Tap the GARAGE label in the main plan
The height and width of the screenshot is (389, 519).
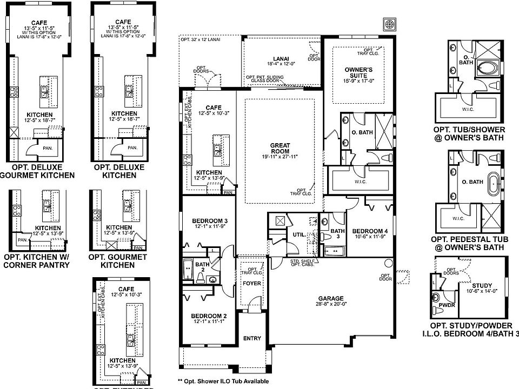coord(330,298)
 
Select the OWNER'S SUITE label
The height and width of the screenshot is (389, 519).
coord(359,70)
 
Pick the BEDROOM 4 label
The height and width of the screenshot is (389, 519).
coord(367,229)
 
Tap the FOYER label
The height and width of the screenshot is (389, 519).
coord(252,283)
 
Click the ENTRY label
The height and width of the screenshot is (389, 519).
coord(252,339)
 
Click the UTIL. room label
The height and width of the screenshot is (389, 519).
coord(298,235)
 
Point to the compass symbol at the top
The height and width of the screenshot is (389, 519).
coord(389,24)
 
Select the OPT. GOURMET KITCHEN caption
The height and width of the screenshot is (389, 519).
coord(118,261)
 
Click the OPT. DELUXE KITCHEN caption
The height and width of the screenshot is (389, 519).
coord(119,171)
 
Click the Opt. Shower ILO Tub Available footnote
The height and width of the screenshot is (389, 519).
coord(222,380)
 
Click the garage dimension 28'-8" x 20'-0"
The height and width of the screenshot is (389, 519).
coord(330,305)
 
